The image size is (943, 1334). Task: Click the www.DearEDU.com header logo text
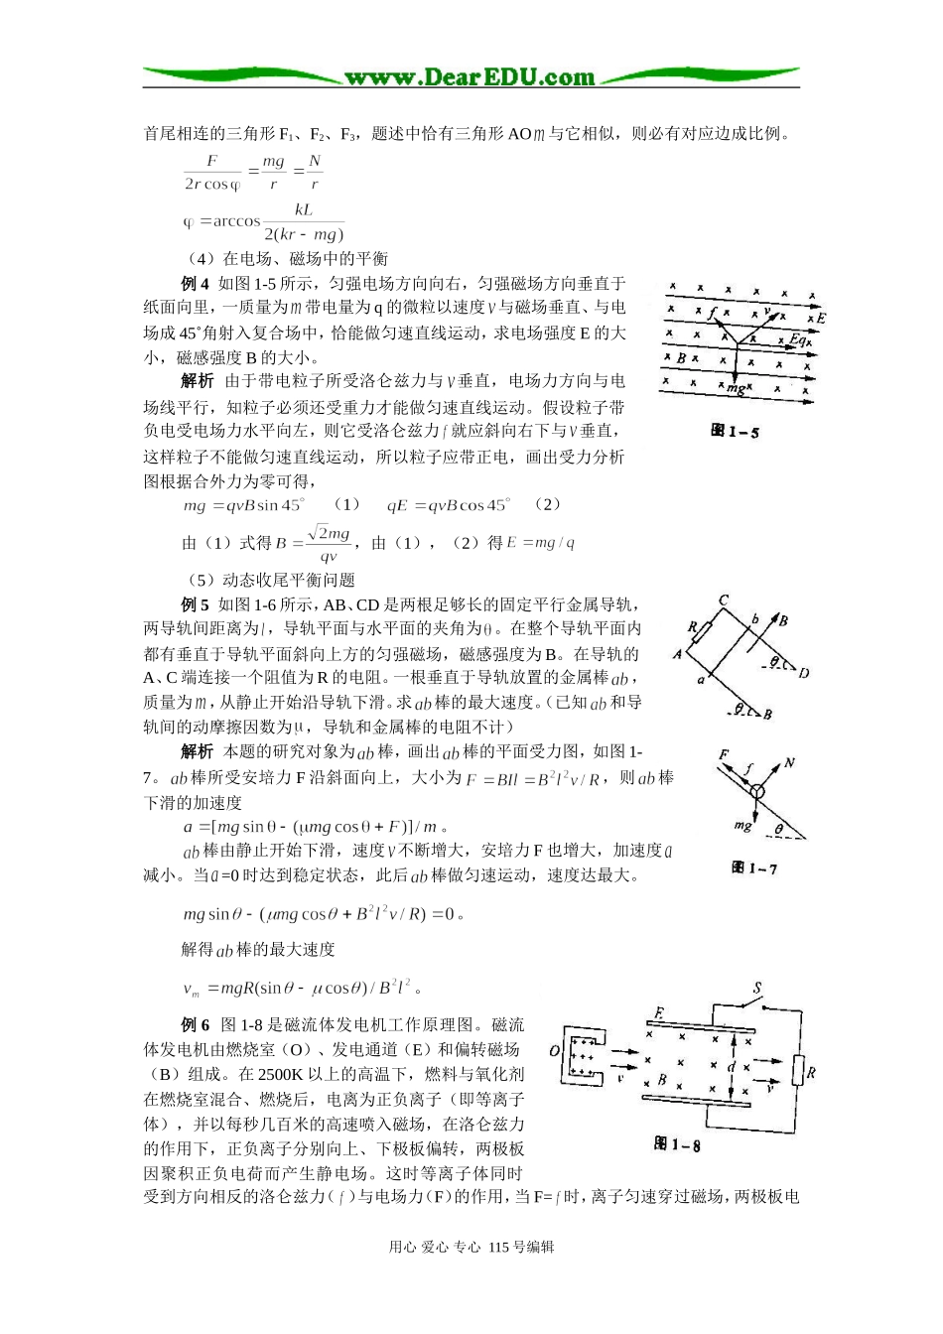click(x=470, y=76)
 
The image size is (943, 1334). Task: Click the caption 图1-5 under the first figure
click(x=735, y=432)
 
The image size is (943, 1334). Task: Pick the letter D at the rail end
click(x=803, y=673)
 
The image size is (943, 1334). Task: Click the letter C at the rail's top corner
click(x=724, y=600)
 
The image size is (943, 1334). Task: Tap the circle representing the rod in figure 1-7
click(x=757, y=792)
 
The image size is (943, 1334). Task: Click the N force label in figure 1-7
click(x=789, y=762)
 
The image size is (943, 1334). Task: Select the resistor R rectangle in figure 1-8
click(x=797, y=1072)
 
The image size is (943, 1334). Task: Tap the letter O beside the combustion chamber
click(x=555, y=1050)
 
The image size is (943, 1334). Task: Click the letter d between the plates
click(x=732, y=1067)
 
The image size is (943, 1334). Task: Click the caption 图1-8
click(x=677, y=1144)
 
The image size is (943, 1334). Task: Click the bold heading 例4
click(x=196, y=284)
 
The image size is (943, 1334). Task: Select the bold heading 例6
click(x=196, y=1025)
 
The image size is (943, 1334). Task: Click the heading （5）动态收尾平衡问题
click(x=270, y=580)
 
